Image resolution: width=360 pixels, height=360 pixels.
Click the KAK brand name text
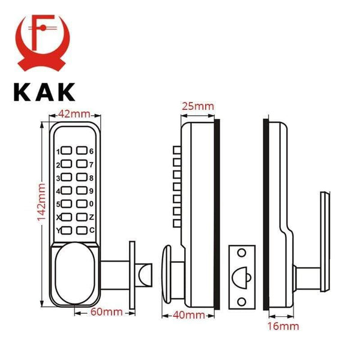(46, 92)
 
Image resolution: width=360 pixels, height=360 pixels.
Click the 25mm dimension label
(199, 107)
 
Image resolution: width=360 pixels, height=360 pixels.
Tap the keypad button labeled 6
(82, 151)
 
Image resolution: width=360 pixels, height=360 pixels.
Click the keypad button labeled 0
(82, 203)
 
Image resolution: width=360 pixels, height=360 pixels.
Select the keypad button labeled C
(82, 230)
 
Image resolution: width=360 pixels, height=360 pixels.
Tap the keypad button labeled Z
(82, 217)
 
